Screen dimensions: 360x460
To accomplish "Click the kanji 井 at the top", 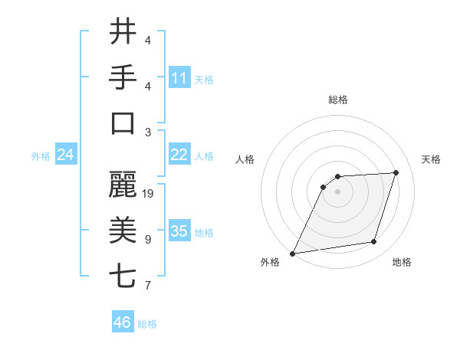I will (123, 32).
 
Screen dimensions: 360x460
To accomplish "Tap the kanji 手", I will (123, 77).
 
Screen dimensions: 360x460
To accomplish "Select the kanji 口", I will (123, 123).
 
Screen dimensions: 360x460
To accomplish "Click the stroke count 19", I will (149, 194).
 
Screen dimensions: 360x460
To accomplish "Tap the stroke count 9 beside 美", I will (148, 240).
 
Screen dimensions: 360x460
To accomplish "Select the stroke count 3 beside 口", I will (148, 132).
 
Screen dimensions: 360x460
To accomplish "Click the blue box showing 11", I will (179, 78).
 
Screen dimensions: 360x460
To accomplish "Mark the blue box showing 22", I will (179, 155).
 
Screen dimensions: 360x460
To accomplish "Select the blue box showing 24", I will (65, 155).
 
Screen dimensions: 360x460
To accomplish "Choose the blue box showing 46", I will (123, 322).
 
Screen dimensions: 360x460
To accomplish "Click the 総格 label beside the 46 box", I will (147, 324).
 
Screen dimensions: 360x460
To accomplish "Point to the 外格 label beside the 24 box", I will (41, 156).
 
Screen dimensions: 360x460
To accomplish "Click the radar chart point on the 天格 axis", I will (396, 172).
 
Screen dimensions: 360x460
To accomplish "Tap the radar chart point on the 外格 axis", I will (292, 254).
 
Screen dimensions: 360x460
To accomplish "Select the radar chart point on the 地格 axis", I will (374, 242).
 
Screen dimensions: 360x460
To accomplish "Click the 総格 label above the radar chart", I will (337, 100).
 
